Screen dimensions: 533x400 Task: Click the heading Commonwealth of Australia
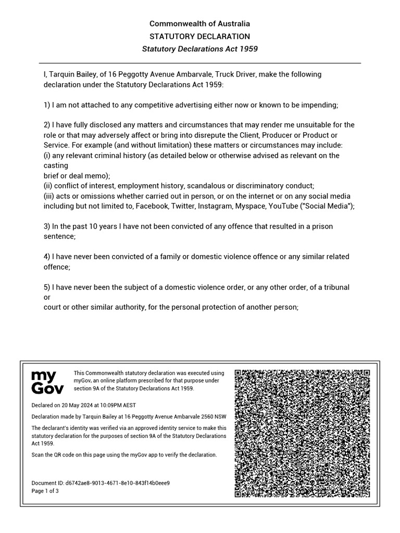coord(199,23)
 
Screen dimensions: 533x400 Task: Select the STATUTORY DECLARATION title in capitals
coord(199,36)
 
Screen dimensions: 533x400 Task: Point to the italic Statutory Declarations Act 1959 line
coord(199,49)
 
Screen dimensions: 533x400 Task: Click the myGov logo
coord(47,382)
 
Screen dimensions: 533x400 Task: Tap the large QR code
coord(302,434)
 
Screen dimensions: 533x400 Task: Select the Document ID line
coord(101,483)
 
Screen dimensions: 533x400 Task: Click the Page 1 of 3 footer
coord(45,491)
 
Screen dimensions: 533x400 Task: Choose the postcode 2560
coord(206,416)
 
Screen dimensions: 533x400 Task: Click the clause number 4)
coord(47,257)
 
